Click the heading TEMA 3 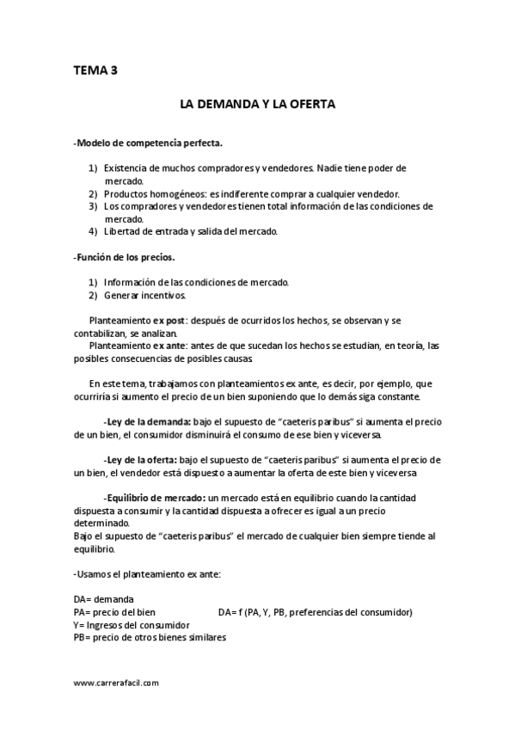click(x=95, y=71)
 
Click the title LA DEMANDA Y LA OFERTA click(x=256, y=104)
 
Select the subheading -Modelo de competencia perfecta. click(x=149, y=143)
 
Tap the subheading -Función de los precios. click(x=124, y=257)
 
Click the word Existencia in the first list click(x=126, y=168)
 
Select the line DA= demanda click(x=103, y=599)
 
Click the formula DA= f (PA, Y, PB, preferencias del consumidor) click(x=316, y=612)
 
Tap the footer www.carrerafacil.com click(x=116, y=683)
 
